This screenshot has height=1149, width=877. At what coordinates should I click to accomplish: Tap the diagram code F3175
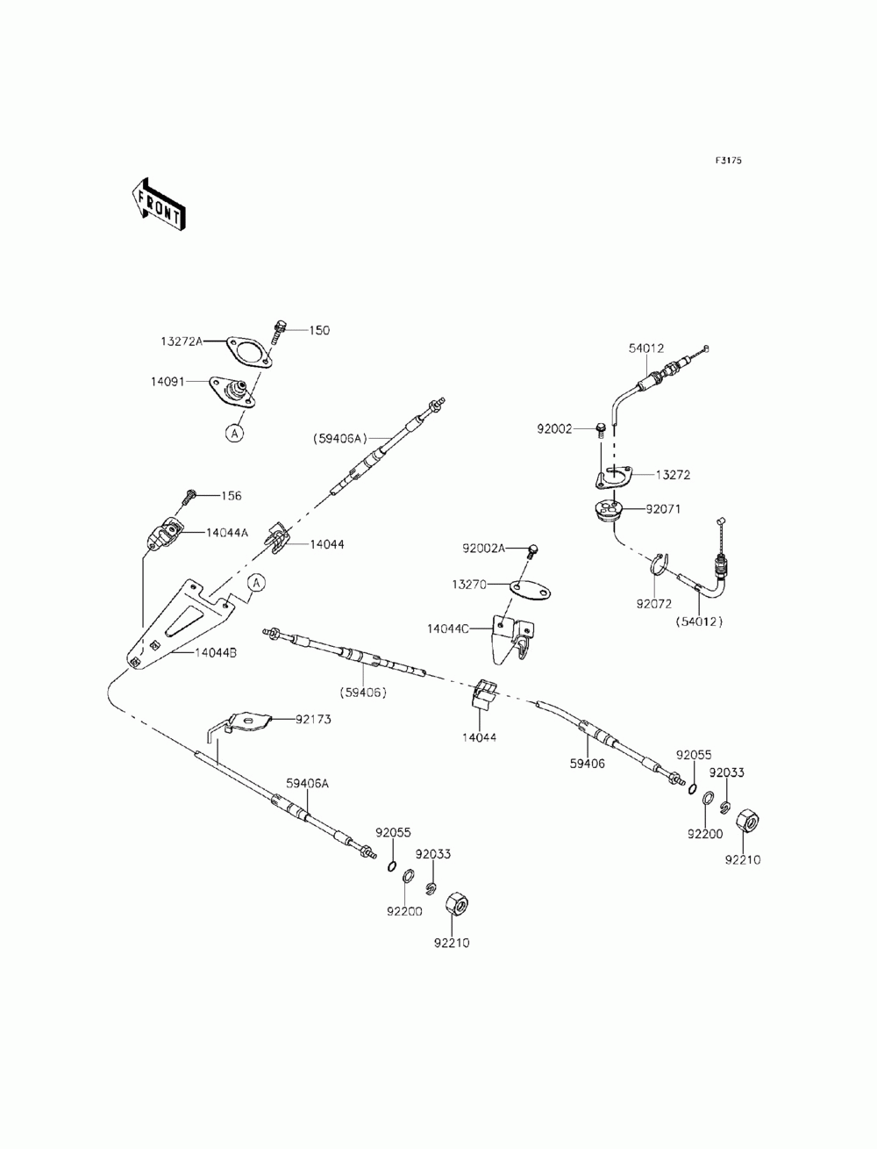[728, 161]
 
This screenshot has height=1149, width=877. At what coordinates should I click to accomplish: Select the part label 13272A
[182, 341]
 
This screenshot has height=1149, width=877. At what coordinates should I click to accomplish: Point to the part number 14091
[168, 382]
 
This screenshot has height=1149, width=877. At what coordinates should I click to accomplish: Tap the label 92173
[313, 719]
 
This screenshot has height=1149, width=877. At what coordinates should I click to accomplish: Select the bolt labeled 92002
[601, 430]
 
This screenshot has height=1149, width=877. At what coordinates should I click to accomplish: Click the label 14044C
[447, 628]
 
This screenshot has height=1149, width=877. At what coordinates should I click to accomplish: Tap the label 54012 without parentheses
[646, 348]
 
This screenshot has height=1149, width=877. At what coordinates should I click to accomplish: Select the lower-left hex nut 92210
[458, 904]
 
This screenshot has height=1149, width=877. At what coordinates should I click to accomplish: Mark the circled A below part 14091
[235, 433]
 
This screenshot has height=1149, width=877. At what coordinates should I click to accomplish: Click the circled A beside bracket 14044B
[256, 582]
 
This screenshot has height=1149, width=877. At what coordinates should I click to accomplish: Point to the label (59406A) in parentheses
[340, 439]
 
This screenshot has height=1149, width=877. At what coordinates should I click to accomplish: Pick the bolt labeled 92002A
[532, 551]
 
